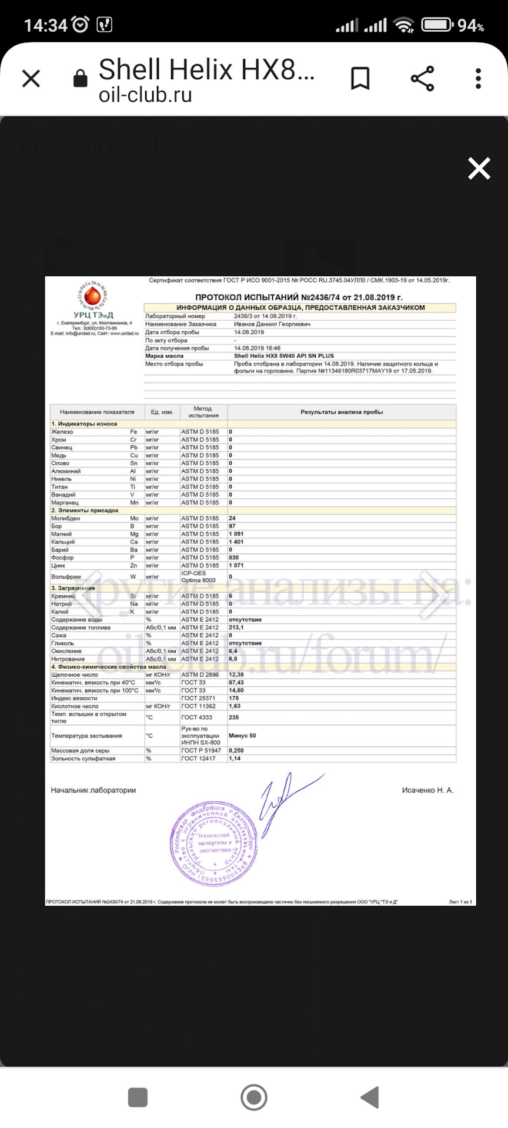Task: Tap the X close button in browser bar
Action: coord(31,78)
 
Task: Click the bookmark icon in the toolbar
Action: coord(360,78)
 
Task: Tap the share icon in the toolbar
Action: coord(422,78)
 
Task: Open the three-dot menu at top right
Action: coord(479,78)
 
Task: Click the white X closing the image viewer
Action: coord(479,169)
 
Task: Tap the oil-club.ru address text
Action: coord(145,95)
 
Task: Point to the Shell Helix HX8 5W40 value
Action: coord(283,356)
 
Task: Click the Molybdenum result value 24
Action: coord(232,518)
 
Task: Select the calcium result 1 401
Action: coord(236,542)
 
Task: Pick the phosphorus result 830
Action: coord(234,558)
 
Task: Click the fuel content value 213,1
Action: coord(236,627)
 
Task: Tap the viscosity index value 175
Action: coord(233,699)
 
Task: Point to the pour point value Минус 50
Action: coord(242,736)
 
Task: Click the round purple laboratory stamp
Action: coord(213,844)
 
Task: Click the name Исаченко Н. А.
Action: coord(427,790)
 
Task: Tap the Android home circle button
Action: coord(254,1097)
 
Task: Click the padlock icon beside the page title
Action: coord(81,78)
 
